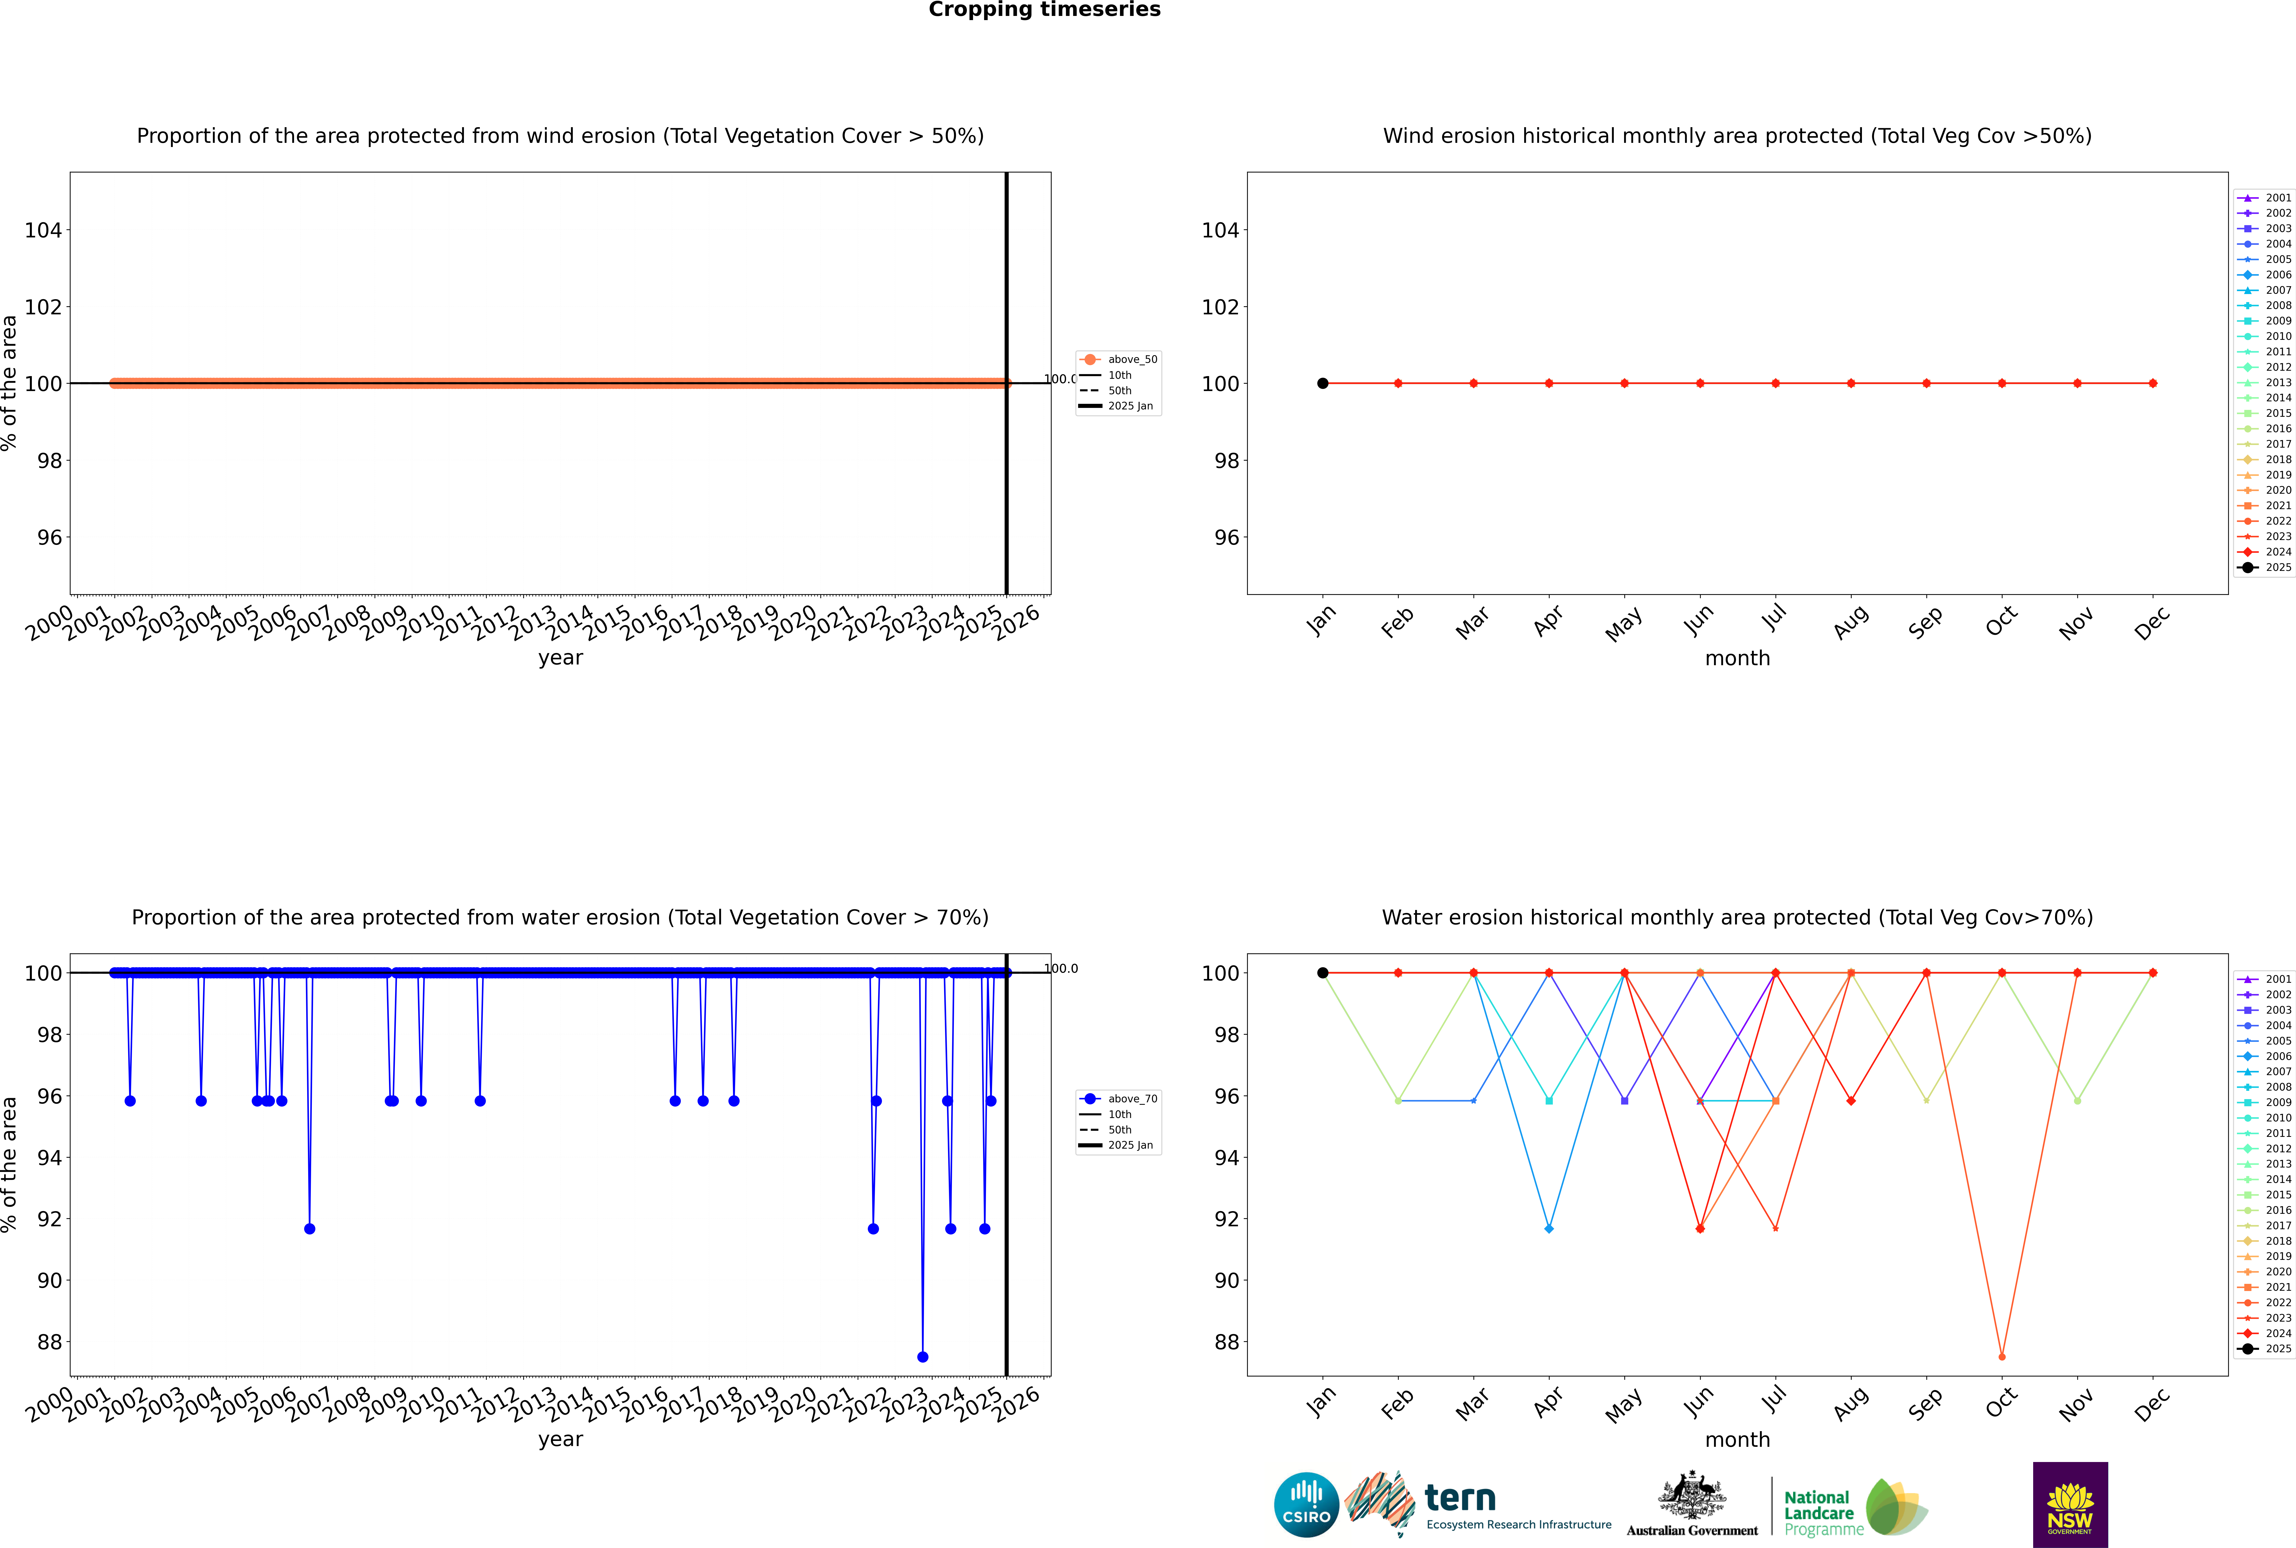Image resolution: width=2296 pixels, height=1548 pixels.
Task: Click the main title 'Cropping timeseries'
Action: tap(1044, 10)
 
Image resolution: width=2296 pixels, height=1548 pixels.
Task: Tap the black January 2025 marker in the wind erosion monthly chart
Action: tap(1323, 383)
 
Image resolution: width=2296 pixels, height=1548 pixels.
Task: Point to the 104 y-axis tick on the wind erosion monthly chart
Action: tap(1220, 230)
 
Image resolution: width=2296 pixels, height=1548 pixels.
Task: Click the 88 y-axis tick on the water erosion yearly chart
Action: tap(48, 1342)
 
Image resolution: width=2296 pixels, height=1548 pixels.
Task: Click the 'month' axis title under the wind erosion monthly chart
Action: tap(1737, 659)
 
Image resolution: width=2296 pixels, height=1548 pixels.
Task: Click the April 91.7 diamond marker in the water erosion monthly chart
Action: tap(1549, 1229)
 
